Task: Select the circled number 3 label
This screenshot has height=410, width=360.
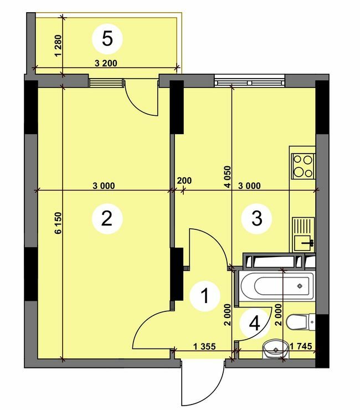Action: pos(257,218)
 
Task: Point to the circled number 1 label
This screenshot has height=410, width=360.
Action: pos(205,297)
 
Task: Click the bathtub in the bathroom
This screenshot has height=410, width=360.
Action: pos(275,286)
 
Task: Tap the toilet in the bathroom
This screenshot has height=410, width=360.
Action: pos(300,320)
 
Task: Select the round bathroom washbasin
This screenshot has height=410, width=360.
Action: pos(275,349)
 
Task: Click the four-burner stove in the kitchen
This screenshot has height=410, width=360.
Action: pos(303,165)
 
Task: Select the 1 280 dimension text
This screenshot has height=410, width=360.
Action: pos(58,47)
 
